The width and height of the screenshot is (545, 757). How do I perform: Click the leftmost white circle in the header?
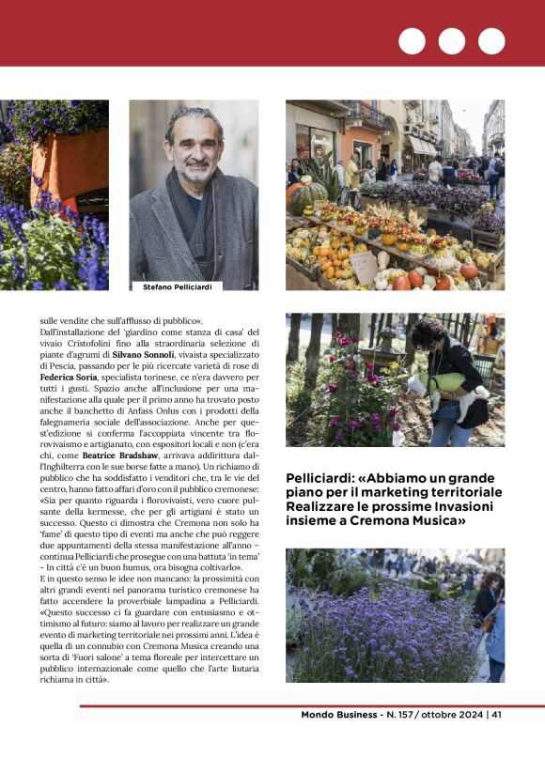[x=412, y=41]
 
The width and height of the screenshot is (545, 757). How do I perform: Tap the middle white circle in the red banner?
[x=451, y=41]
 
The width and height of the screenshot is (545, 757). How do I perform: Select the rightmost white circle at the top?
[x=491, y=41]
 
